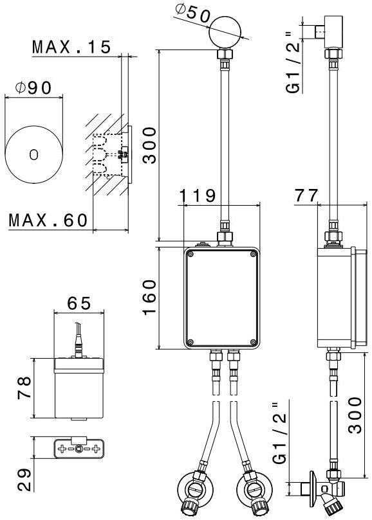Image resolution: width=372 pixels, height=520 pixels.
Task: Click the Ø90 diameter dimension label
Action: point(33,87)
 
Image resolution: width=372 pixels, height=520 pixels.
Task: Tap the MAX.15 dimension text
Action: point(71,47)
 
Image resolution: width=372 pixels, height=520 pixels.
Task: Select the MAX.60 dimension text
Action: point(48,220)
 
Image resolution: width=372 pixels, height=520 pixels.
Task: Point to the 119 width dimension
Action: point(198,195)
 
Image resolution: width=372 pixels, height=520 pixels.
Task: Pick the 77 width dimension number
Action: point(306,195)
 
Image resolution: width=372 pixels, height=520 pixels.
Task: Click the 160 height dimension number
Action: point(149,298)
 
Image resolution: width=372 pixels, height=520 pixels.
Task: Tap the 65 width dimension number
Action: point(79,303)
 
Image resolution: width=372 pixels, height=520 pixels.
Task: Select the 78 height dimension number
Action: point(24,387)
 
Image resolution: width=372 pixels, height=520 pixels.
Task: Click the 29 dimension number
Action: point(24,480)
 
